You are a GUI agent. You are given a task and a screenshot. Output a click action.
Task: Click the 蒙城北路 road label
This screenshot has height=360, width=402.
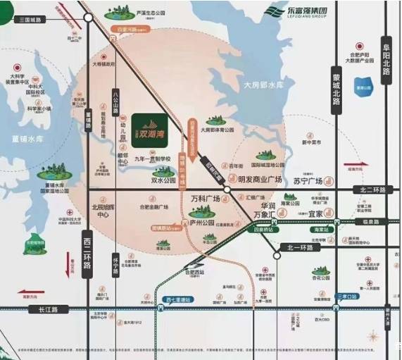[x=336, y=90]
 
